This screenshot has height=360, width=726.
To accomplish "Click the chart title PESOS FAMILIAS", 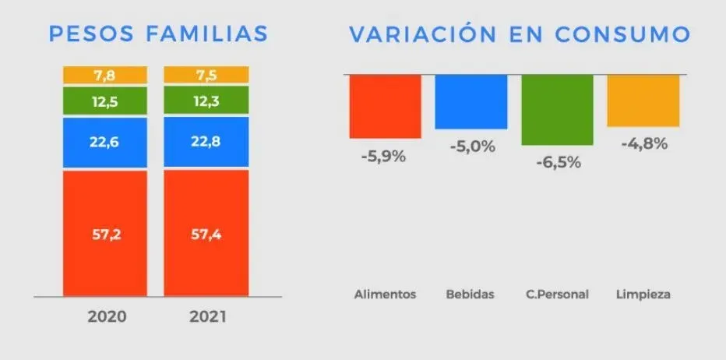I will pos(158,34).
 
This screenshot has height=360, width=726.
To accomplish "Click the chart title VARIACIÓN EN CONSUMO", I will pos(519,34).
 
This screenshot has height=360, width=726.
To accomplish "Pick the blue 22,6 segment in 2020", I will pos(105,142).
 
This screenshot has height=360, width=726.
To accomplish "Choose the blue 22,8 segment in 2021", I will pos(206,142).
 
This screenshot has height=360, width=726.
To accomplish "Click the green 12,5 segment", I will pos(105,100).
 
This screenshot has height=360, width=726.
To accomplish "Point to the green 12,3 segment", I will pos(206,100).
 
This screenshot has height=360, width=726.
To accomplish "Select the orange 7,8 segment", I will pos(105,75).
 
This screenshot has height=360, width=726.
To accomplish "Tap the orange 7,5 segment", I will pos(206,74).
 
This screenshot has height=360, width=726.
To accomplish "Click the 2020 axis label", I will pos(107,317).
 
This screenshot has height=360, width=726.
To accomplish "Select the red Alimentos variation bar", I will pos(385,106).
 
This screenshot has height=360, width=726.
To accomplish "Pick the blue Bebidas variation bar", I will pos(470,101).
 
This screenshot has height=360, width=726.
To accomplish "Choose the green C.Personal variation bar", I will pos(557,109).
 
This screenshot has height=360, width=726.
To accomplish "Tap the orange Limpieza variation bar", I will pos(643,100).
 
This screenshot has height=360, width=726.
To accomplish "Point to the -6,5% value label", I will pos(557,163).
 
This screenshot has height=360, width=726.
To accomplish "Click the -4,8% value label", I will pos(644,143).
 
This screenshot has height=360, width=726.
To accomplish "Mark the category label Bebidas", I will pos(470,295).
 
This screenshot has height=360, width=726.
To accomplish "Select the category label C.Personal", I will pos(557,295).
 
